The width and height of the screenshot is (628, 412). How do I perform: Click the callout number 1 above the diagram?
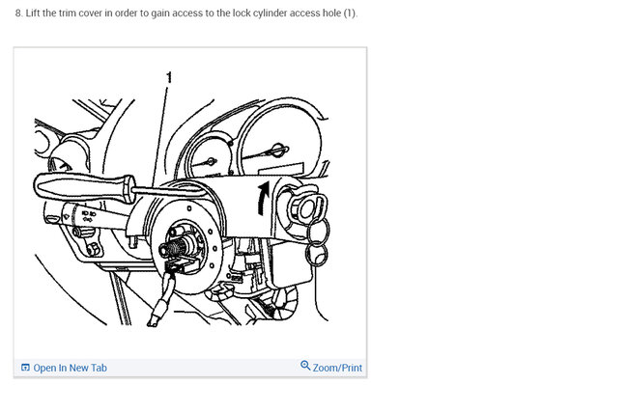pos(169,75)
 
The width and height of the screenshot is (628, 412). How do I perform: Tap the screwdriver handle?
pos(77,182)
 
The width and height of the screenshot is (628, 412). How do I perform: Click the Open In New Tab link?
pos(70,368)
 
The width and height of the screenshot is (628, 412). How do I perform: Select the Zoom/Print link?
pos(337,368)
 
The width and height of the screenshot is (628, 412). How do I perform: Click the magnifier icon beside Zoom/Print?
pos(305,367)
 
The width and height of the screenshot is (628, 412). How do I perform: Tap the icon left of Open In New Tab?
pos(25,368)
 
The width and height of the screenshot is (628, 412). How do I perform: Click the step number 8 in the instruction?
pos(17,14)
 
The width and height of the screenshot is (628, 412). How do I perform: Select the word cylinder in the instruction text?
pos(265,14)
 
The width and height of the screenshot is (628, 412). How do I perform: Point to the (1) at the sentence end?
pos(351,14)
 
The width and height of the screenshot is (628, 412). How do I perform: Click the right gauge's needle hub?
pos(278,150)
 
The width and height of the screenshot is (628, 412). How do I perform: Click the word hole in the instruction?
pos(328,14)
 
